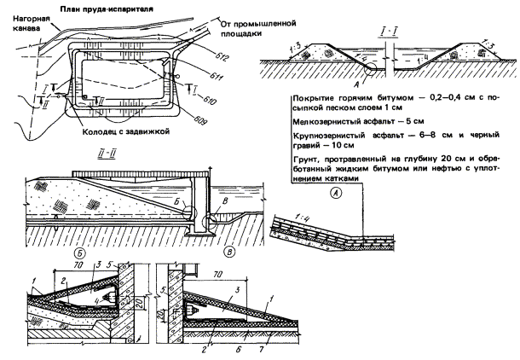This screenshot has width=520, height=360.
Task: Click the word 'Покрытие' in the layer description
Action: click(311, 99)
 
